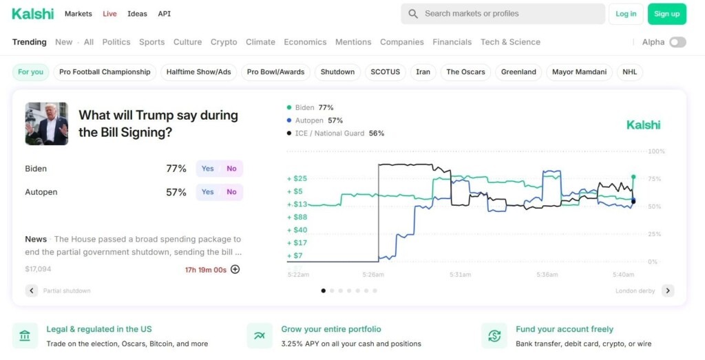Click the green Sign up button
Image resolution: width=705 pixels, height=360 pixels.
click(x=666, y=14)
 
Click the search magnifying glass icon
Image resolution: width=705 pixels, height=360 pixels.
click(x=413, y=14)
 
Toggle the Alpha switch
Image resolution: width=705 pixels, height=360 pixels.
click(x=677, y=42)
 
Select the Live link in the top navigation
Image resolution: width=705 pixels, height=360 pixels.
click(x=109, y=14)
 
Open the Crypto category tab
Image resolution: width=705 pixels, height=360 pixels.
click(x=224, y=42)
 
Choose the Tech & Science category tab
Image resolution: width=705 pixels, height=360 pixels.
click(x=510, y=42)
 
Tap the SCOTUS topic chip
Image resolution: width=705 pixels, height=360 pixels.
click(x=386, y=72)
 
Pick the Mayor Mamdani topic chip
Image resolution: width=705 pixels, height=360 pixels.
click(x=579, y=72)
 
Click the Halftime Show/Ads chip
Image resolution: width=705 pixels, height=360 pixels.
click(x=199, y=72)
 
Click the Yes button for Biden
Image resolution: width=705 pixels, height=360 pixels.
click(x=208, y=169)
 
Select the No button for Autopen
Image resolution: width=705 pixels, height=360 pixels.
click(x=231, y=192)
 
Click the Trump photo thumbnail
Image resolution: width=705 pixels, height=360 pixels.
click(x=47, y=124)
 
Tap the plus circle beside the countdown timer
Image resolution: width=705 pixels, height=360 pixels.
click(x=235, y=269)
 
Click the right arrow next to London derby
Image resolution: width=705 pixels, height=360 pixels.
click(x=668, y=290)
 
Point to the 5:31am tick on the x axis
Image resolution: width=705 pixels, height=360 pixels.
click(x=460, y=275)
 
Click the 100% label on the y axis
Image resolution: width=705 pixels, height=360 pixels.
click(x=656, y=151)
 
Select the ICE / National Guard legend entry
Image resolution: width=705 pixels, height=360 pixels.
click(x=335, y=134)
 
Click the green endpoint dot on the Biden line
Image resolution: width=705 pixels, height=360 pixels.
click(x=633, y=177)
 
